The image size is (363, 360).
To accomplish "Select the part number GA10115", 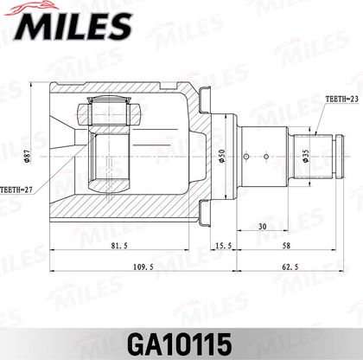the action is click(180, 344).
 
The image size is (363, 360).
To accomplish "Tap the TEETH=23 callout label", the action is click(342, 100).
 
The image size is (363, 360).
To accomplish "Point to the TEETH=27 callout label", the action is click(16, 190).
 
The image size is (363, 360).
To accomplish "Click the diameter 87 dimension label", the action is click(27, 157).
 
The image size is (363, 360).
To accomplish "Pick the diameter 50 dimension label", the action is click(222, 156).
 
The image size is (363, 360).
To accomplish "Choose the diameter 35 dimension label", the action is click(306, 156).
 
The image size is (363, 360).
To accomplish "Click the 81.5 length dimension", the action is click(119, 246).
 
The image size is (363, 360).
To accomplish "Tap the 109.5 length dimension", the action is click(143, 267).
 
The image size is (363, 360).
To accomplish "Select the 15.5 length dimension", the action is click(224, 246).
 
